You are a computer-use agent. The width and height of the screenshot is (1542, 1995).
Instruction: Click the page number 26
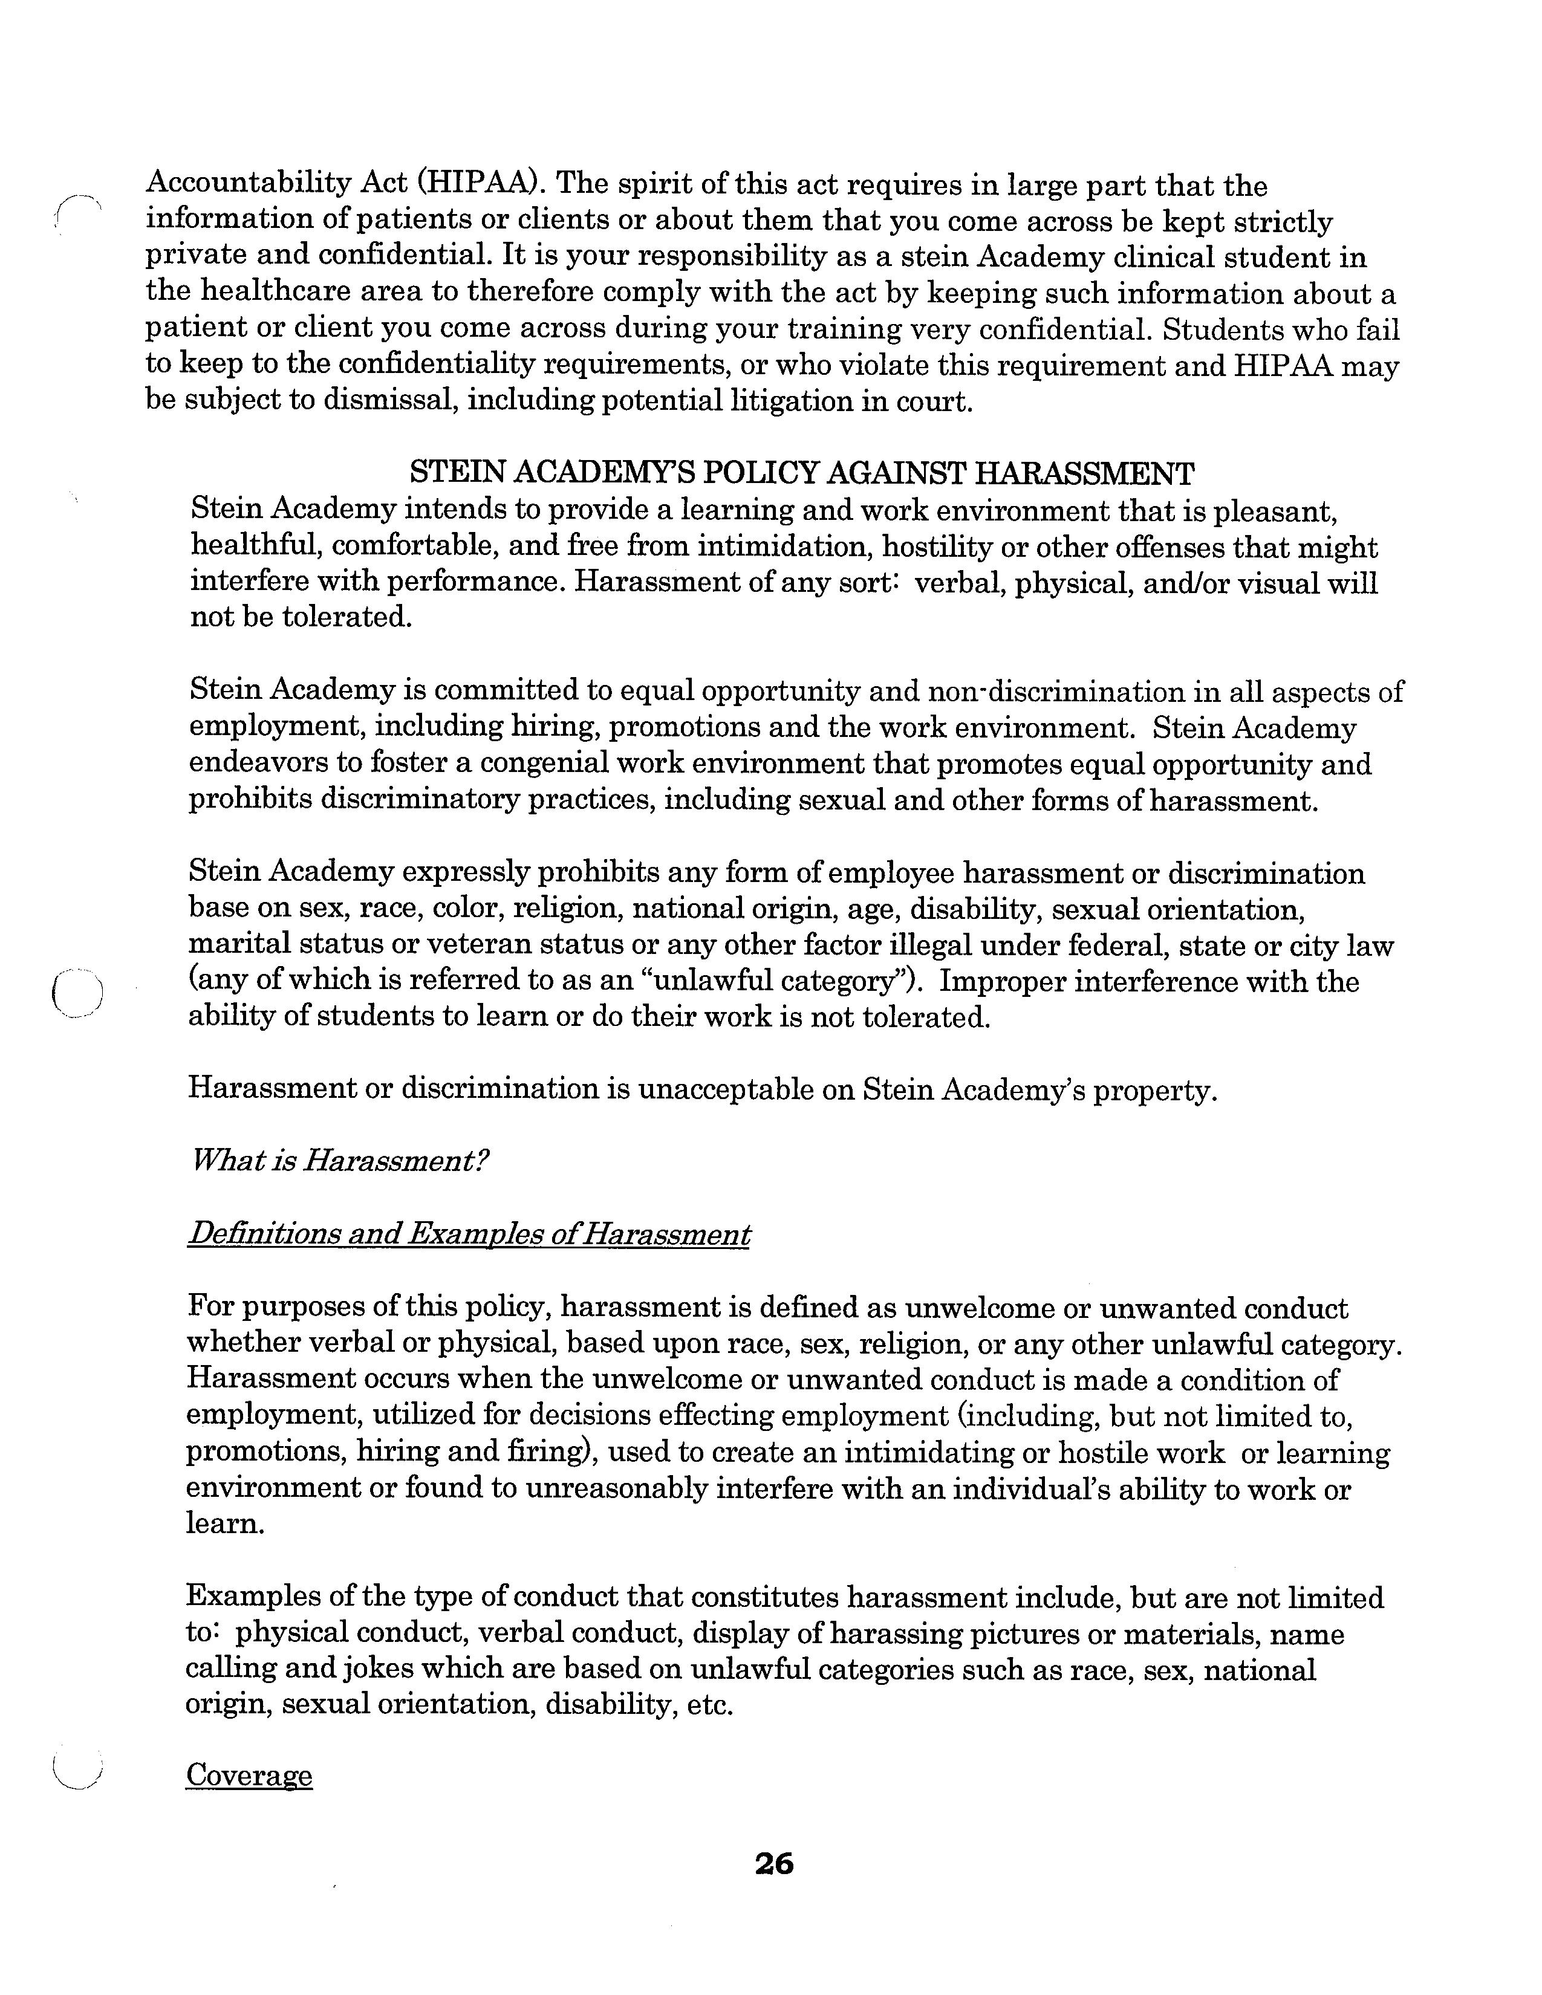point(774,1863)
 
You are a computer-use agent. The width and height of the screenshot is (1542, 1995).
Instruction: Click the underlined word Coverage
point(249,1775)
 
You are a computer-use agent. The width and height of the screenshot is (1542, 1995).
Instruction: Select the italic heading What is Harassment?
point(339,1161)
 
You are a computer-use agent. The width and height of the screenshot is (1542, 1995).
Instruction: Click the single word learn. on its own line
point(225,1523)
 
